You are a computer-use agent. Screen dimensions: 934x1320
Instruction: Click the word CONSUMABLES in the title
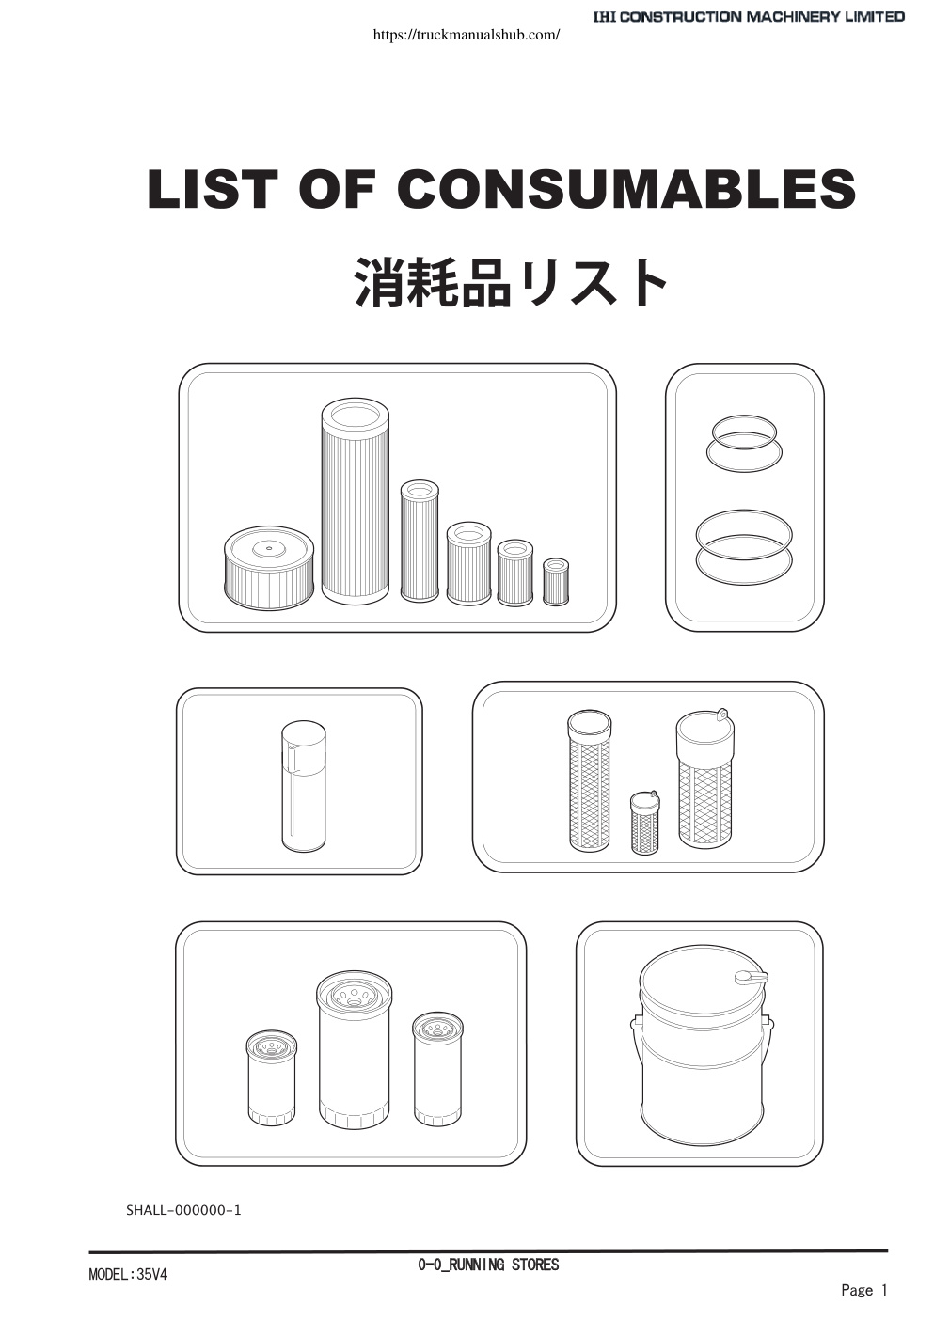[x=625, y=189]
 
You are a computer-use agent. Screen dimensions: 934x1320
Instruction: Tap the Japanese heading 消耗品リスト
[x=511, y=283]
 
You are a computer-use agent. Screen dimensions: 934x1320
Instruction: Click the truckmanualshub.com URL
[x=467, y=35]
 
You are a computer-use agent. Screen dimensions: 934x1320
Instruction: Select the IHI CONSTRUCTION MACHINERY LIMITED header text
[x=749, y=17]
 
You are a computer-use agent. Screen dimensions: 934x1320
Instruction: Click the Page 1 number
[x=863, y=1290]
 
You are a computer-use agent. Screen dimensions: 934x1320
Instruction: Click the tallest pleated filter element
[x=356, y=501]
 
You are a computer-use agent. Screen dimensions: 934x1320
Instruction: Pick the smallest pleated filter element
[x=556, y=582]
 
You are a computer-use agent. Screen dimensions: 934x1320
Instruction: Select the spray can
[x=304, y=786]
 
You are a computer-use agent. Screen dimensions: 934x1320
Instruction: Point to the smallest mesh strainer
[x=645, y=823]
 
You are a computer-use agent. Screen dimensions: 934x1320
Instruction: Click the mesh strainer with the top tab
[x=705, y=778]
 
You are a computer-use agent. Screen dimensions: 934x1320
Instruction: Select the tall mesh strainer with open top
[x=589, y=780]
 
